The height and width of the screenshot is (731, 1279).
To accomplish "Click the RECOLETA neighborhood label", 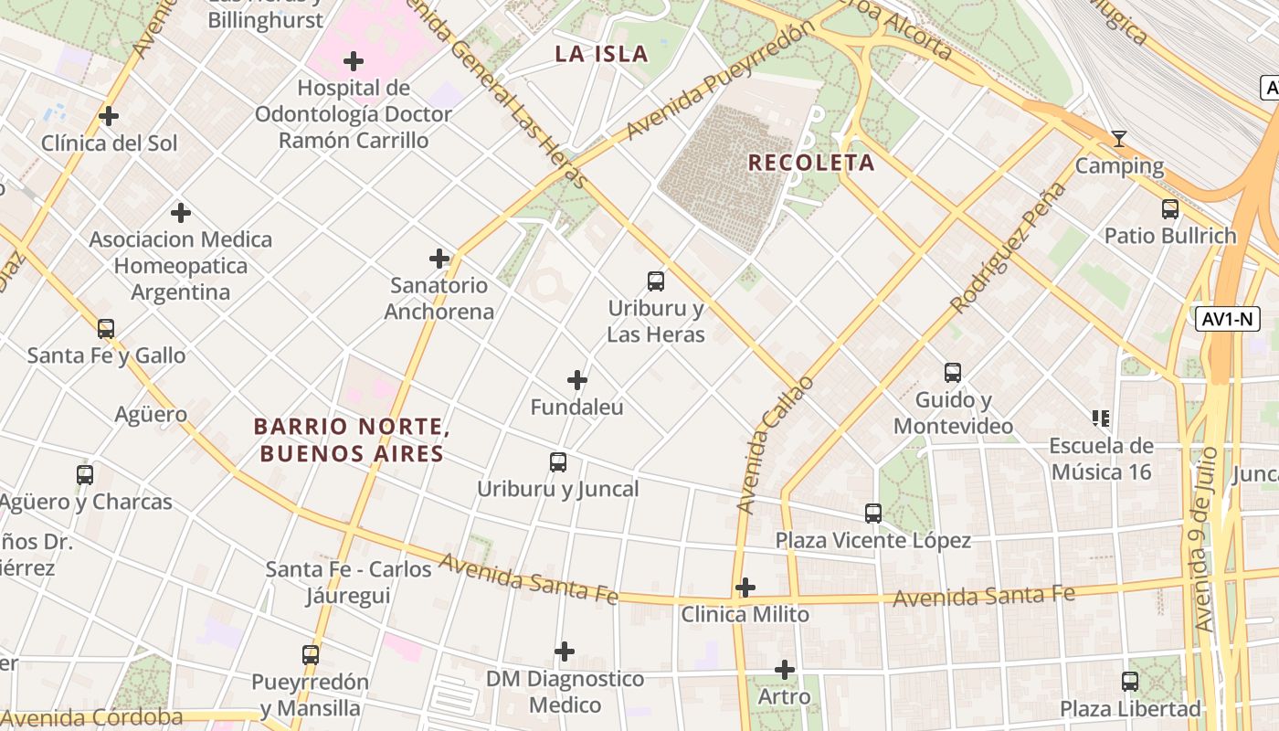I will (x=811, y=163).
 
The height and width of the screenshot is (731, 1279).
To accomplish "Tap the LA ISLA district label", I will (x=601, y=54).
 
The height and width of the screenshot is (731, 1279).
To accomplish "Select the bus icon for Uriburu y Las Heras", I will (x=655, y=281).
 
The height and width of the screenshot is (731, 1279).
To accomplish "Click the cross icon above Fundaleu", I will (x=577, y=380).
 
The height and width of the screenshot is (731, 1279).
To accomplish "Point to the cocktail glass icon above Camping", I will (x=1118, y=139).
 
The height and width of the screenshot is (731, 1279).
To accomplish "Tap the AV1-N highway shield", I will (x=1227, y=319).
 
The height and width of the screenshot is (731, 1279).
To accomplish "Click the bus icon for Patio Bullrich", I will (x=1169, y=208).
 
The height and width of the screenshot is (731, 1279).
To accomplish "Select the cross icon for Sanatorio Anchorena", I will (x=439, y=259).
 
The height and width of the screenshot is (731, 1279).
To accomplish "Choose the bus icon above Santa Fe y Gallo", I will (x=106, y=328).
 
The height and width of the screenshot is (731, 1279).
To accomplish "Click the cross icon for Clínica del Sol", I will (x=109, y=116).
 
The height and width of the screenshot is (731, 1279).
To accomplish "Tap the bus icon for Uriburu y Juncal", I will (x=558, y=461).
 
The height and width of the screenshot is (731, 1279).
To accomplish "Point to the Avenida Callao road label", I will (x=773, y=444).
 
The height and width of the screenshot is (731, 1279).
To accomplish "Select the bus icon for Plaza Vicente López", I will (x=873, y=513).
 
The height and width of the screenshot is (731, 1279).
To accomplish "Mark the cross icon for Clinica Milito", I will (x=745, y=587).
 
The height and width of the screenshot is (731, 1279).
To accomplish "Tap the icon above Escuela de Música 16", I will (x=1101, y=418).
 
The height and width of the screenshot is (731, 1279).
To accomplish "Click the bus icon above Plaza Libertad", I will (x=1130, y=681).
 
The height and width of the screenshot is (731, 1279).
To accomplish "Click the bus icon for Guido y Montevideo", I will (x=953, y=372).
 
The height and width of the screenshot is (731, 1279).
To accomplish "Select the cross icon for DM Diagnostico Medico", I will (x=565, y=652).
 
